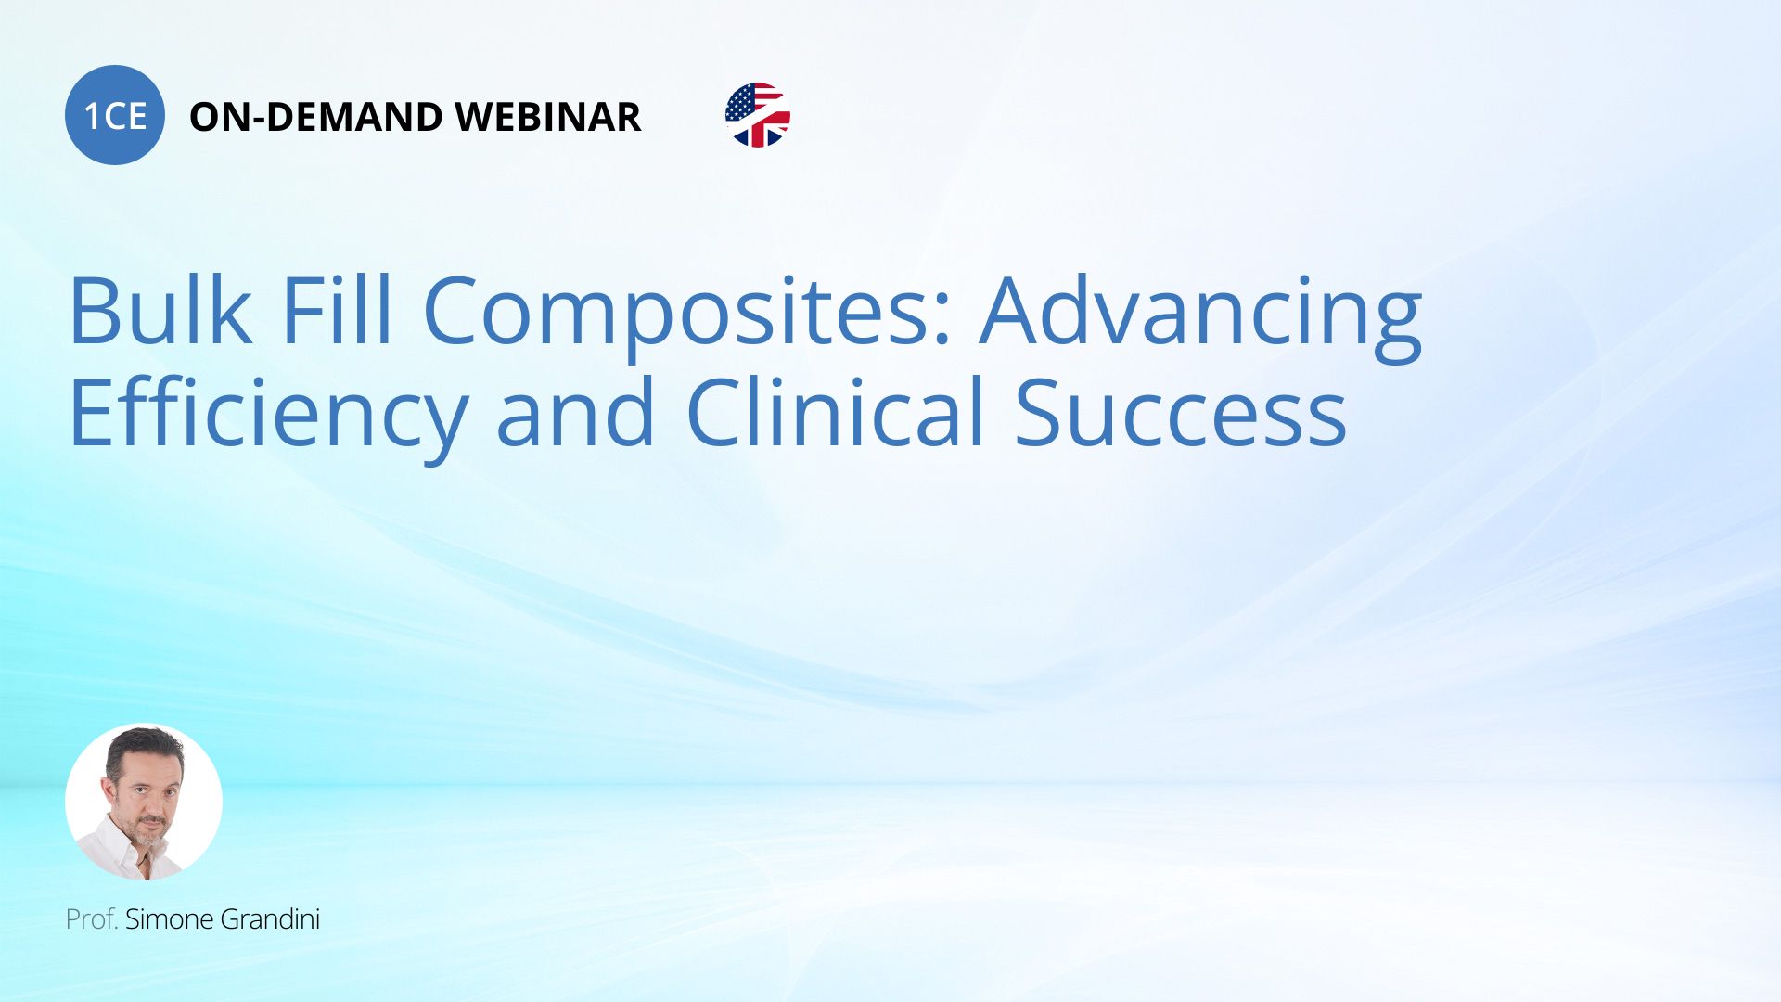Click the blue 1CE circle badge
coord(115,115)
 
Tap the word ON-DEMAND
coord(316,117)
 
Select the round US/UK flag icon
coord(758,115)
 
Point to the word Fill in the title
coord(337,310)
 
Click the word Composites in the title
coord(675,315)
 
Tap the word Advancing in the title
coord(1201,315)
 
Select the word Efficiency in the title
coord(269,416)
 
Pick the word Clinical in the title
coord(835,412)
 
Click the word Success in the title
coord(1180,412)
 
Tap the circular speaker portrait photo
coord(144,802)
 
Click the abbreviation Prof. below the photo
coord(92,919)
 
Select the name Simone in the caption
coord(170,919)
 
